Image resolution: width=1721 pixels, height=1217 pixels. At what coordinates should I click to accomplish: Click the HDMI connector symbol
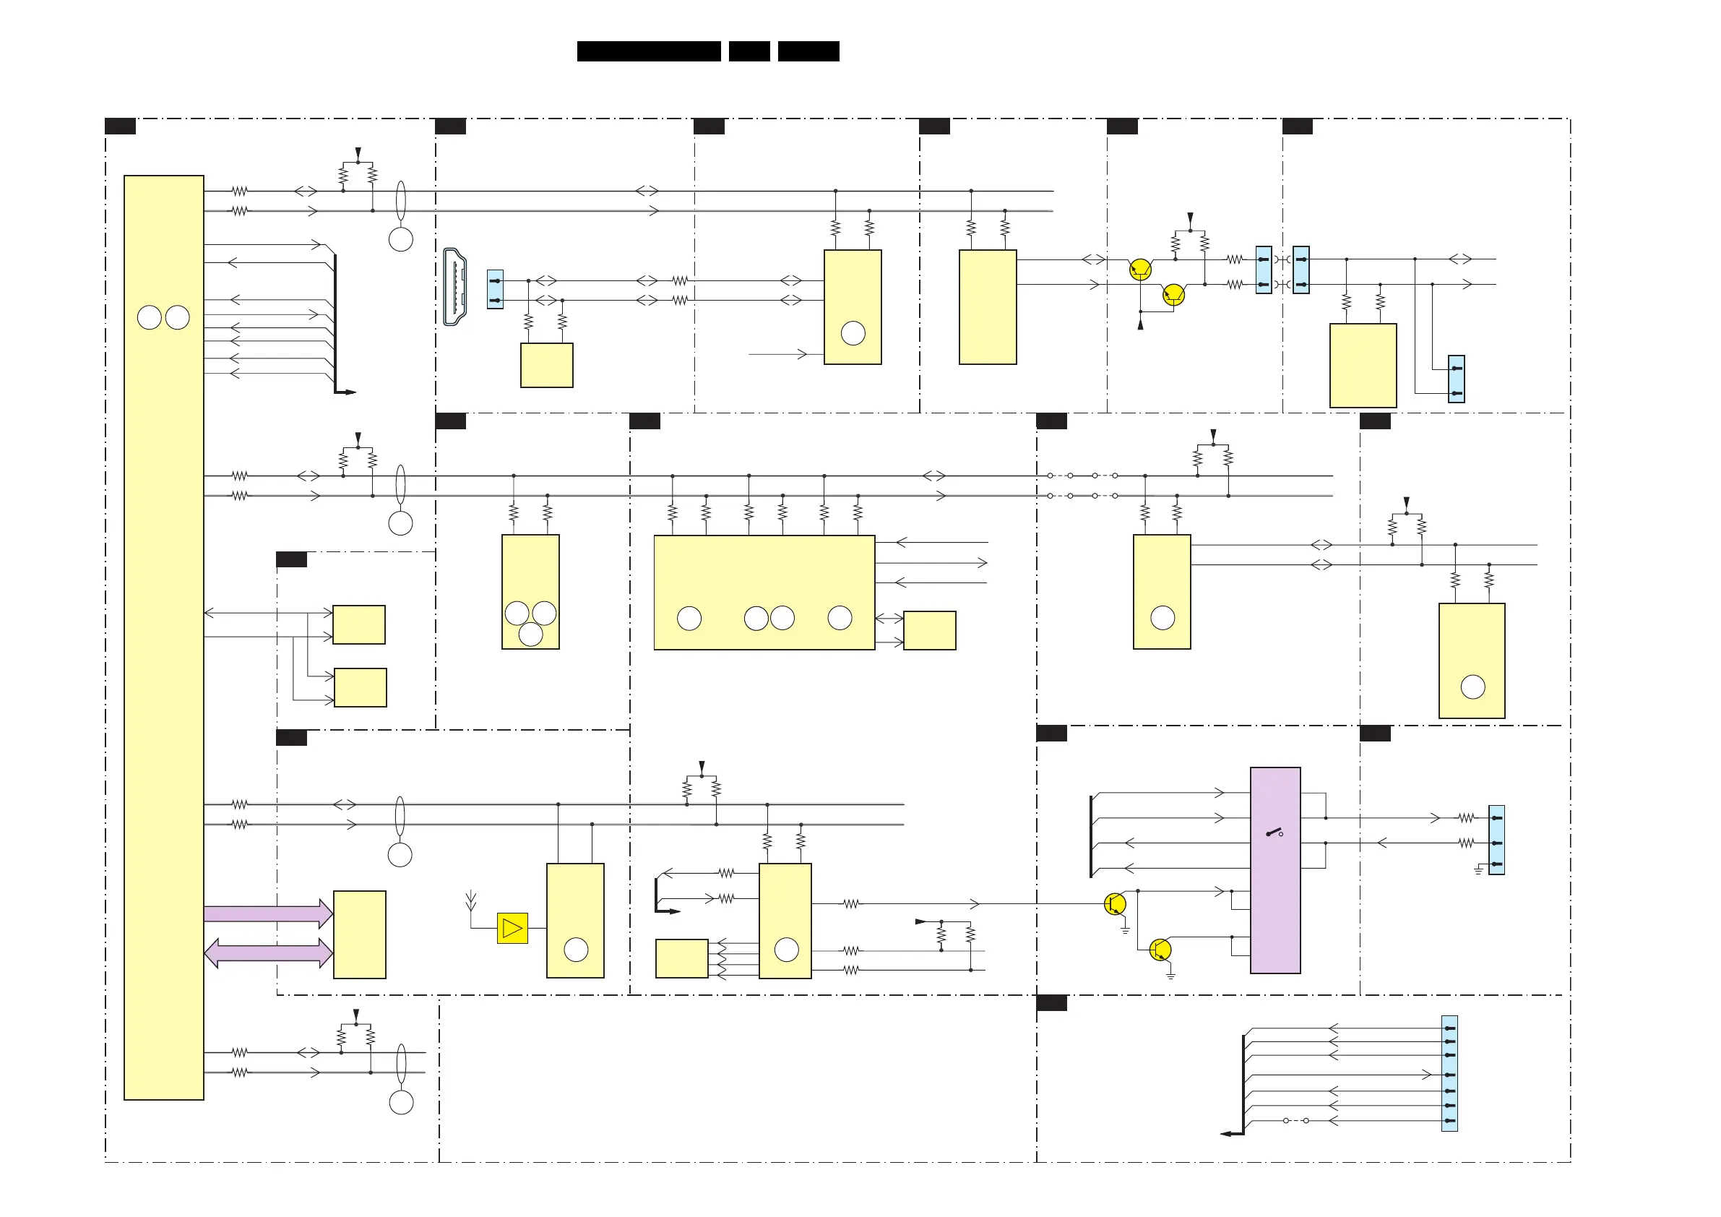pos(455,286)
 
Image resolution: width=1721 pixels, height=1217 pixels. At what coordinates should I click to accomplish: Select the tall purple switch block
pos(1274,870)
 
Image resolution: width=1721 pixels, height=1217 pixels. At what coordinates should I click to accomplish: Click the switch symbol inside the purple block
pos(1274,833)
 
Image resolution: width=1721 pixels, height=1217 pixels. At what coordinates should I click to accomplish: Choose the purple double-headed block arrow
pos(267,952)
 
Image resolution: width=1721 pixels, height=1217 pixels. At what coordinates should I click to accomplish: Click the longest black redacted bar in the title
pos(648,51)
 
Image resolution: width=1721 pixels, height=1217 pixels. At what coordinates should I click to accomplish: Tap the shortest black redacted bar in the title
pos(749,51)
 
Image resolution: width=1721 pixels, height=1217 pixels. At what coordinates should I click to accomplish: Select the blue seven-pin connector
pos(1449,1073)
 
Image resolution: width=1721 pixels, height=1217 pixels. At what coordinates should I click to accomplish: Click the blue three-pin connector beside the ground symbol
pos(1496,840)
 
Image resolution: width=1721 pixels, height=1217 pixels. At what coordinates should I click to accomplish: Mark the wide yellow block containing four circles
pos(764,593)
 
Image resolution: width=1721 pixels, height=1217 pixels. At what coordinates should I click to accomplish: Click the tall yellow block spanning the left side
pos(163,637)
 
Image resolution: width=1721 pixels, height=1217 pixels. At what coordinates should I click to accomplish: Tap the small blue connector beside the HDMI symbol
pos(495,290)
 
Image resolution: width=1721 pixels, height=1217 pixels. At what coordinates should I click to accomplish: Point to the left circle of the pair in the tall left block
pos(149,317)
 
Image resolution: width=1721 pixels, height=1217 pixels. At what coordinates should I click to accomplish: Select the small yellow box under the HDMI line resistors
pos(546,365)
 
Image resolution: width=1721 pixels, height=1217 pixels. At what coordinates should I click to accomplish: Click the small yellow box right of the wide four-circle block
pos(929,630)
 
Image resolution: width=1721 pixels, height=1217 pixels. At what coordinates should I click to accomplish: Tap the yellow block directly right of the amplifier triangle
pos(575,920)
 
